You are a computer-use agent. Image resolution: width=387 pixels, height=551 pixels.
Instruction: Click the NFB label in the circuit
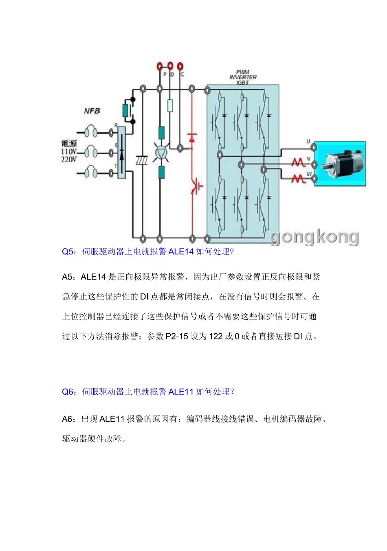pyautogui.click(x=92, y=111)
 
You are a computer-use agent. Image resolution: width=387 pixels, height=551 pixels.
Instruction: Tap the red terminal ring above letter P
pyautogui.click(x=160, y=66)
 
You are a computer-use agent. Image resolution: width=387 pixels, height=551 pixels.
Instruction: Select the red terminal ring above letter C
pyautogui.click(x=180, y=66)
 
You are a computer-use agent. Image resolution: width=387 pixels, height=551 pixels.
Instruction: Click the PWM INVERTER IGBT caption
pyautogui.click(x=243, y=77)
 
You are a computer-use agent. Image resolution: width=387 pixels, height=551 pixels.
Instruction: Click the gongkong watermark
pyautogui.click(x=314, y=237)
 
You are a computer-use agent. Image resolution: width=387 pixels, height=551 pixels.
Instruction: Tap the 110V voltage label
pyautogui.click(x=69, y=151)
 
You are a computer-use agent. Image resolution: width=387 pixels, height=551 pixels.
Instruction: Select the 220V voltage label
pyautogui.click(x=69, y=160)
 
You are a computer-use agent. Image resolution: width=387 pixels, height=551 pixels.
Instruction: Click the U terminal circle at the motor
pyautogui.click(x=314, y=148)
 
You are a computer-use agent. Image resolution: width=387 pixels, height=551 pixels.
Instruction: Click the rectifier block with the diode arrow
pyautogui.click(x=122, y=153)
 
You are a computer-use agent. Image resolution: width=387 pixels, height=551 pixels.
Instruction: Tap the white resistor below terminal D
pyautogui.click(x=170, y=105)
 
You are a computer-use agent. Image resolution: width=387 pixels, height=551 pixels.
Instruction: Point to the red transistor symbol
pyautogui.click(x=196, y=185)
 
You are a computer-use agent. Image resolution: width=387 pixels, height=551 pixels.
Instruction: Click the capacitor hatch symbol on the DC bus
pyautogui.click(x=142, y=161)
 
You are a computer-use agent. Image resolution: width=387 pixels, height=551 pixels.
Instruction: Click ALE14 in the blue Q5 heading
pyautogui.click(x=181, y=251)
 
